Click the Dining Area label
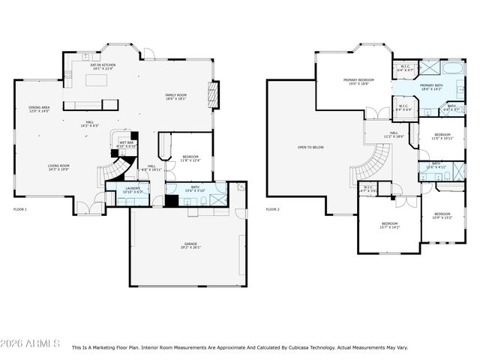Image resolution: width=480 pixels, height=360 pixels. pos(40,109)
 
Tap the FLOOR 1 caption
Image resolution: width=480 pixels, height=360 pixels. pos(20,209)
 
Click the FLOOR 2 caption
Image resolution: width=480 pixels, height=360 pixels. pos(273,209)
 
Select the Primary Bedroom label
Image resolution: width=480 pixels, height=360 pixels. pos(358,82)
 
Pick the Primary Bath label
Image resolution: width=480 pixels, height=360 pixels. pos(432,88)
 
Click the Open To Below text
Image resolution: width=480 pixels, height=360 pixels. pos(310,147)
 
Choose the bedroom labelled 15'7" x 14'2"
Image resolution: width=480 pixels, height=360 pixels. pos(390,225)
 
